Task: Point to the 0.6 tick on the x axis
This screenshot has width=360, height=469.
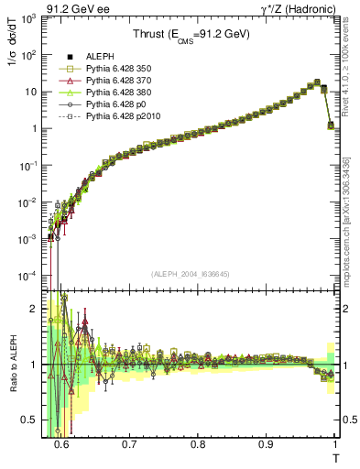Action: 61,443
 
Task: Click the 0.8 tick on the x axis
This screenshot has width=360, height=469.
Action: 198,443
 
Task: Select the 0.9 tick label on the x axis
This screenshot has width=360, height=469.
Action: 267,443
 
